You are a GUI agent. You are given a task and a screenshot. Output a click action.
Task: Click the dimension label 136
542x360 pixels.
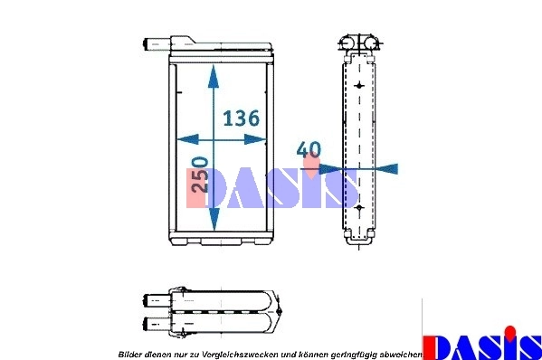pos(242,118)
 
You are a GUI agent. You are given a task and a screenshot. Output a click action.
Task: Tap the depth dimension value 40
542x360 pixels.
pos(308,149)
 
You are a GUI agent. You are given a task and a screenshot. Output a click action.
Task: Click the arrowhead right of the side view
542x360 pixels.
pos(388,168)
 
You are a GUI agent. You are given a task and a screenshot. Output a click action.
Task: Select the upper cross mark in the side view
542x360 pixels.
pos(360,85)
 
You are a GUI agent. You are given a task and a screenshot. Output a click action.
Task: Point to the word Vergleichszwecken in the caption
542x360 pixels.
pos(236,352)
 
